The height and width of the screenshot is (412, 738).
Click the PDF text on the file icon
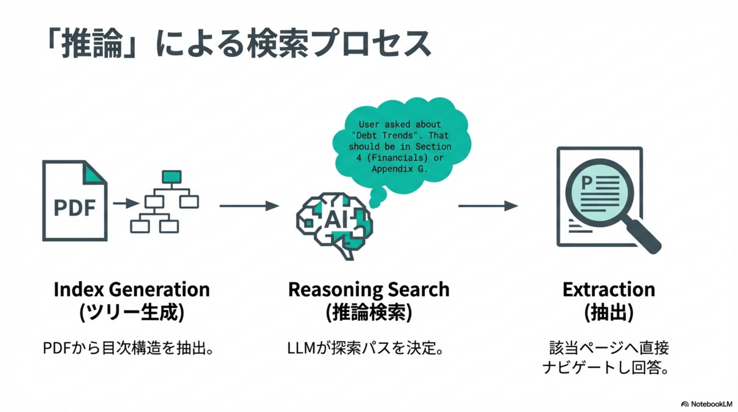(x=75, y=207)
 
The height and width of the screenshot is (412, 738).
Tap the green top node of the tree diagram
(x=172, y=176)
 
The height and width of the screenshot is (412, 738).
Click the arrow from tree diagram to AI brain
(x=249, y=206)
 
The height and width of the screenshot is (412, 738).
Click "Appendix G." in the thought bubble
(x=400, y=169)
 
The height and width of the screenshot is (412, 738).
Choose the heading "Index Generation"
(x=132, y=289)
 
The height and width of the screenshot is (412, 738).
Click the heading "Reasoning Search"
(x=369, y=289)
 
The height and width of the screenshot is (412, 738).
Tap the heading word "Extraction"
(x=609, y=289)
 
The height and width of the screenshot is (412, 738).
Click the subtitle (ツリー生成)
(x=132, y=312)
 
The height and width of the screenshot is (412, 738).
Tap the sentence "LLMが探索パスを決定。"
(x=366, y=348)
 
